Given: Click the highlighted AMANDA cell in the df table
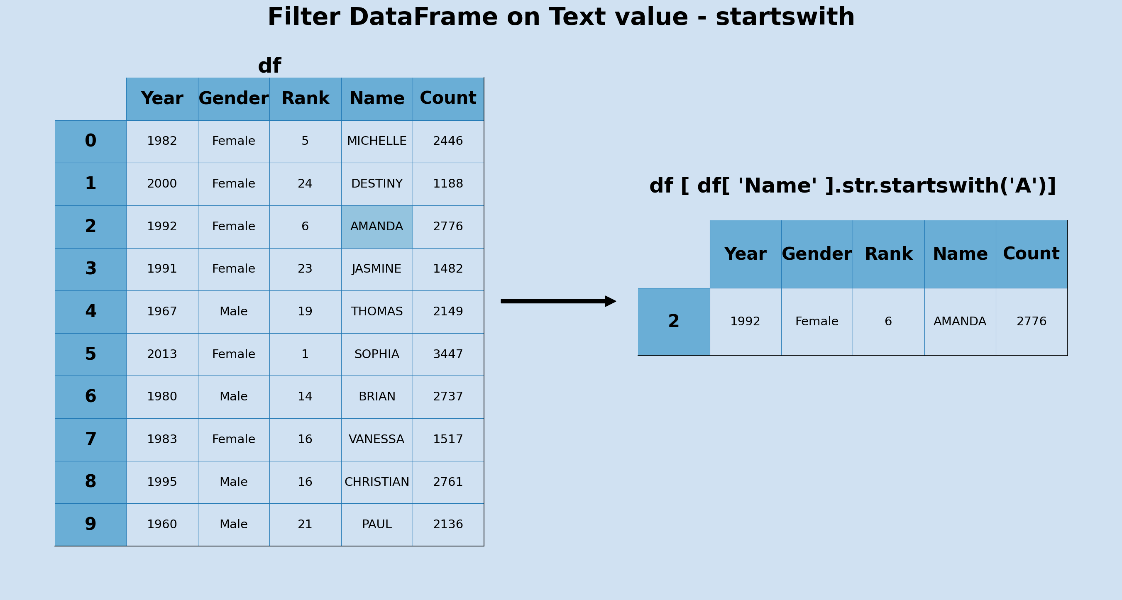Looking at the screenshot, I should click(377, 227).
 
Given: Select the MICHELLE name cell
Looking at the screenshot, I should click(377, 141).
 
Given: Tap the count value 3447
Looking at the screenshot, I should click(448, 354).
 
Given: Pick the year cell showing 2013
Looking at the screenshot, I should click(162, 354).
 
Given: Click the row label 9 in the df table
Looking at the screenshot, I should click(90, 524).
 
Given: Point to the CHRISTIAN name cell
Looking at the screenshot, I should click(377, 482).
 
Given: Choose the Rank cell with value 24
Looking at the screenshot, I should click(305, 184).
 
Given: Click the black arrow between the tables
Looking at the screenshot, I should click(557, 301).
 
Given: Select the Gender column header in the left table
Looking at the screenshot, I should click(233, 99).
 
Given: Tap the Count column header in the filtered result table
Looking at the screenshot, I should click(1031, 254).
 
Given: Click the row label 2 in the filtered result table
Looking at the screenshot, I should click(673, 322).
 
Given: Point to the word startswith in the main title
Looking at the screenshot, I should click(785, 17).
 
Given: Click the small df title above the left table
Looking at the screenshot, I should click(270, 66).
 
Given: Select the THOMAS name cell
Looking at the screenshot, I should click(377, 312).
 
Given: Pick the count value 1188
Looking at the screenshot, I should click(448, 184).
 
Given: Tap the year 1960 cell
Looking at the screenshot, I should click(162, 524).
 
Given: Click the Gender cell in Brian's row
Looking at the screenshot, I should click(233, 397).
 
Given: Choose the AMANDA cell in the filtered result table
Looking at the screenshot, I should click(960, 322).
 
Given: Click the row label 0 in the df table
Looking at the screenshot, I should click(90, 141).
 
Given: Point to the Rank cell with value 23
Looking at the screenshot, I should click(305, 269).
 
